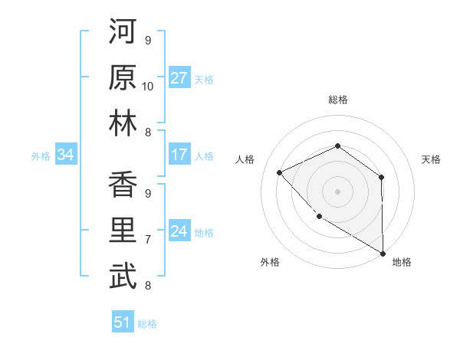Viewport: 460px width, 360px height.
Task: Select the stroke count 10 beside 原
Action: [148, 86]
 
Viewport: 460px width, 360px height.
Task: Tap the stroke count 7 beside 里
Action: [148, 240]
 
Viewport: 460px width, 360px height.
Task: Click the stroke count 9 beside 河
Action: [148, 40]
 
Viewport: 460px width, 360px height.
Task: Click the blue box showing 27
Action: [179, 78]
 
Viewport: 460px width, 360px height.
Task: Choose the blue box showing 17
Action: [179, 155]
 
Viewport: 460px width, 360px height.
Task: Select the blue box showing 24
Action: [179, 231]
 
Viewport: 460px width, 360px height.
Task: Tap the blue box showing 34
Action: [65, 155]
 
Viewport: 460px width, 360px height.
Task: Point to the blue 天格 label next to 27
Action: [204, 79]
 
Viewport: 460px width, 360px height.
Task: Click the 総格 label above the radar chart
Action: [338, 100]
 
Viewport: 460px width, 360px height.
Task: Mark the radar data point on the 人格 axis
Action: [280, 172]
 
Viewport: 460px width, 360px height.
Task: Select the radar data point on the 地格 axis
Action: [383, 253]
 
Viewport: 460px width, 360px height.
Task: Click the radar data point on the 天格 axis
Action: [381, 178]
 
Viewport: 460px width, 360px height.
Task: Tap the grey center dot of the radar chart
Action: [337, 191]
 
